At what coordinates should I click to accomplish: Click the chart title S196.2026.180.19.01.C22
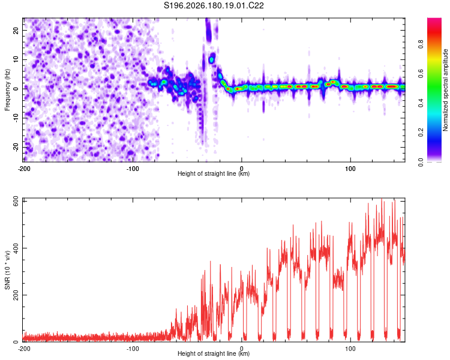[214, 5]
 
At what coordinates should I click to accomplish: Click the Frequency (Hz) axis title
[7, 90]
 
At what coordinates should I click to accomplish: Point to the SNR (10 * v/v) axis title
[7, 270]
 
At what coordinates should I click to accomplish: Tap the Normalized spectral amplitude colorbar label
[445, 90]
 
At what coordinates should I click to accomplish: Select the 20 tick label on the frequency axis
[16, 31]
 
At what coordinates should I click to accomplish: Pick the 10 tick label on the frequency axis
[16, 59]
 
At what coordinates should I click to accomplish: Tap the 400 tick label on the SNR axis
[16, 248]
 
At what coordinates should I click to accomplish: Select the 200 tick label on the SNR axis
[16, 295]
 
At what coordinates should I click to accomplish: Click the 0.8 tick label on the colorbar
[421, 44]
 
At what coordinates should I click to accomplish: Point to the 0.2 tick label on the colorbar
[421, 133]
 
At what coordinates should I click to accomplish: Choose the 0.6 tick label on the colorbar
[421, 73]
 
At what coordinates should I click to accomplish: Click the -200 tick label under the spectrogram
[24, 169]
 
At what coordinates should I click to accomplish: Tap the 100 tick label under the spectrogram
[350, 169]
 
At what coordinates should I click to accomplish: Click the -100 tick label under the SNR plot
[133, 349]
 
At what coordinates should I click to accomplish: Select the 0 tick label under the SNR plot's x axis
[242, 349]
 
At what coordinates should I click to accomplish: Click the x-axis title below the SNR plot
[214, 353]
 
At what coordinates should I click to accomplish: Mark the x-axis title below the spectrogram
[214, 173]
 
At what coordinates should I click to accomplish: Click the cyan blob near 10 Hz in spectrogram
[212, 60]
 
